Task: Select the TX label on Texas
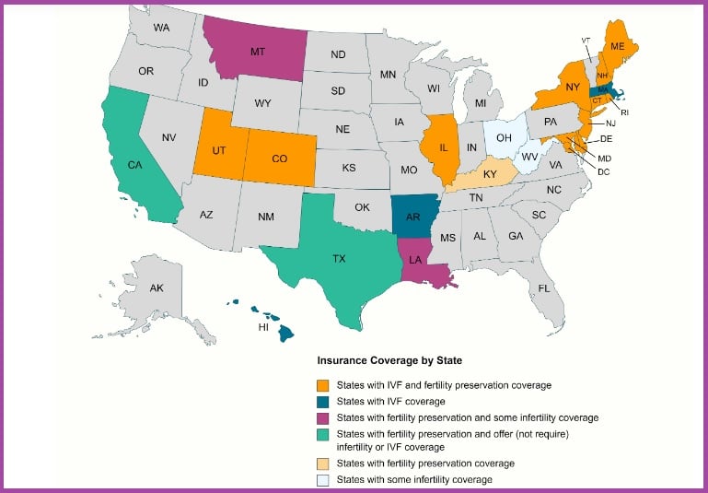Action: tap(338, 259)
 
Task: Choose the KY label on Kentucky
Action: tap(490, 174)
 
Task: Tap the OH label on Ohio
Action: tap(504, 138)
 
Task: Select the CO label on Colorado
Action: tap(281, 158)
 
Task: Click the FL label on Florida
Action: tap(544, 288)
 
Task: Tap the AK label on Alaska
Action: tap(157, 288)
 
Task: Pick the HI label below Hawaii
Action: tap(262, 327)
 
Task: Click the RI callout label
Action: tap(624, 112)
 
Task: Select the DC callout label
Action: tap(603, 171)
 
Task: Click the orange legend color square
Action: tap(322, 384)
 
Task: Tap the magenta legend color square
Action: tap(322, 417)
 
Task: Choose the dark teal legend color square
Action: tap(322, 401)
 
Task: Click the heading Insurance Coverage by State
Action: tap(389, 359)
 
